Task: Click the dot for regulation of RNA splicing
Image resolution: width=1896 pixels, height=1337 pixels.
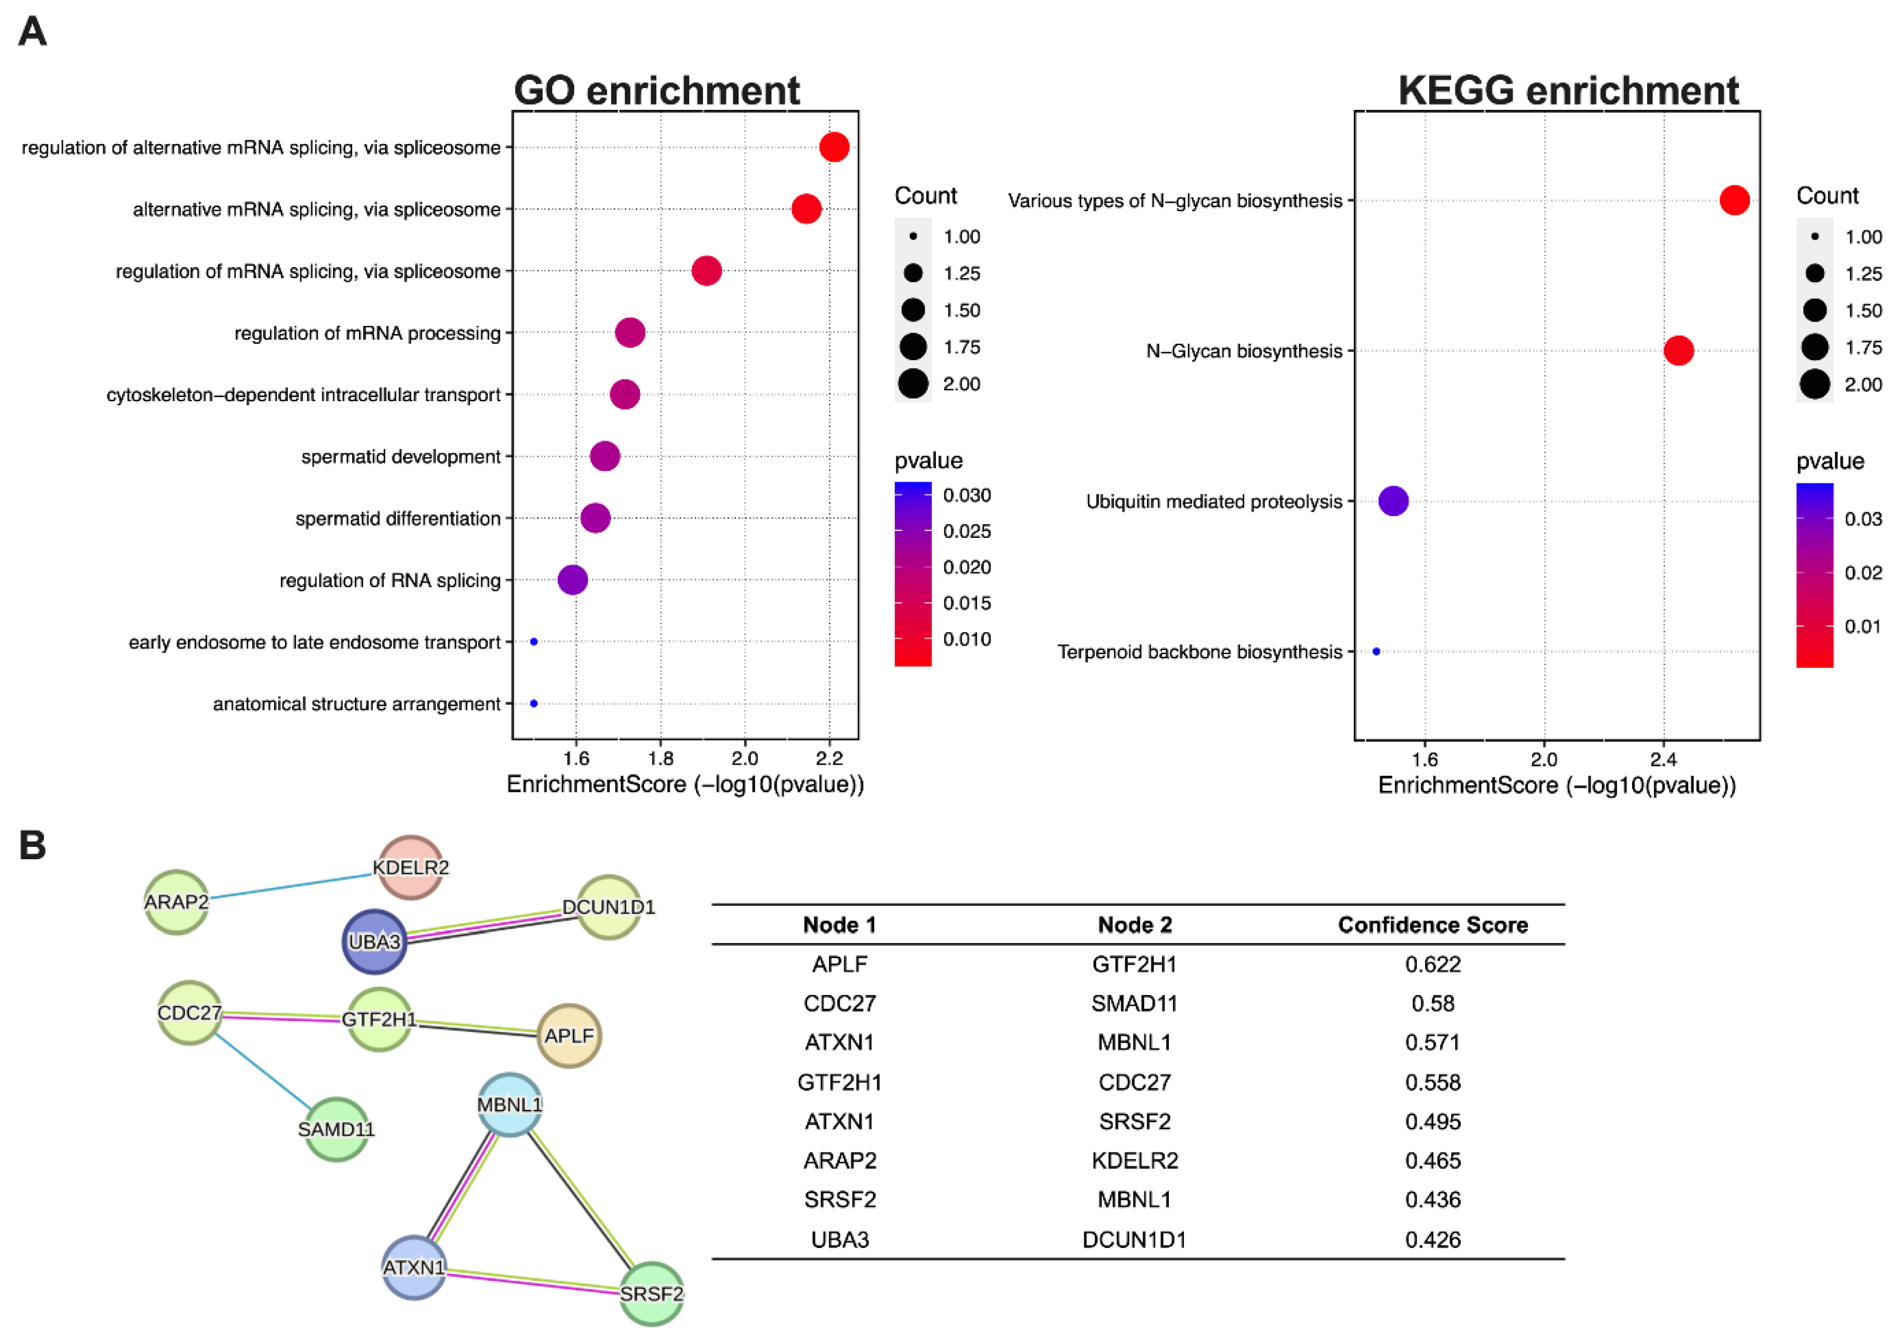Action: coord(572,580)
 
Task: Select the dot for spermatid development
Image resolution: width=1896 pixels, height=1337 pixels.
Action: coord(605,456)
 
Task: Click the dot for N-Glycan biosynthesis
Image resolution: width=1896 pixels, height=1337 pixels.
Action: coord(1678,350)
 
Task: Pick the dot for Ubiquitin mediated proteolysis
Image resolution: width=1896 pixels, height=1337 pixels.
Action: coord(1393,500)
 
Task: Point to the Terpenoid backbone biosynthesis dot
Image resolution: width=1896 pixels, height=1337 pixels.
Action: coord(1376,652)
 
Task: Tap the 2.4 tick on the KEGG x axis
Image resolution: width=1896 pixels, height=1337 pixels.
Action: coord(1663,759)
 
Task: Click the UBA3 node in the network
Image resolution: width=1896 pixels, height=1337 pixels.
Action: coord(374,941)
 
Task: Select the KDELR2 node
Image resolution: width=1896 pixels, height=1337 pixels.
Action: coord(410,867)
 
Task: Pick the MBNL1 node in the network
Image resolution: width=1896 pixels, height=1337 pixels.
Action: coord(510,1105)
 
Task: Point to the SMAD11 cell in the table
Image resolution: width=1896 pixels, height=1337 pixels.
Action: coord(1134,1003)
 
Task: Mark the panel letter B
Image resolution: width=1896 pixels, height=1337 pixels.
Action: coord(32,845)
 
